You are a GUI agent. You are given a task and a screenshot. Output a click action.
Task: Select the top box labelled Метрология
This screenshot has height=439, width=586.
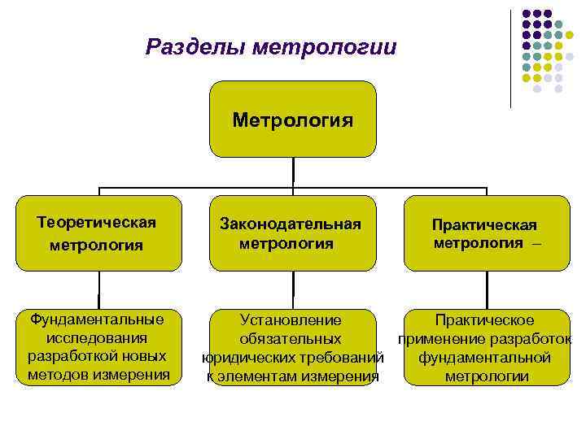click(x=293, y=120)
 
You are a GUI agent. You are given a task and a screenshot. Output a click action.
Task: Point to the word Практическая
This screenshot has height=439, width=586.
click(x=484, y=224)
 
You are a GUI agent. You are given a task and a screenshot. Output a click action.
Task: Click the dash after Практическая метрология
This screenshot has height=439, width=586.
click(x=535, y=243)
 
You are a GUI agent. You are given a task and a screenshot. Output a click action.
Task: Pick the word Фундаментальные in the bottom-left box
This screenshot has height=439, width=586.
click(x=97, y=319)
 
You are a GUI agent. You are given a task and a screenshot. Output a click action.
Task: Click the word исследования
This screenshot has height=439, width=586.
click(x=97, y=337)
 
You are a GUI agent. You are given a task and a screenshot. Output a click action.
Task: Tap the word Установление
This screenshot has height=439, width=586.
click(x=291, y=320)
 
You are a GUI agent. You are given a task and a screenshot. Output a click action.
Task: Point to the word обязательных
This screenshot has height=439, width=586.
click(x=291, y=339)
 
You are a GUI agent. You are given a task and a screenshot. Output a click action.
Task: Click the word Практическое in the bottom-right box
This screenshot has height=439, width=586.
click(x=484, y=320)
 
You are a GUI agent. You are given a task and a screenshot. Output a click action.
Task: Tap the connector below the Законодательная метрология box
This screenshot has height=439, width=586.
click(x=292, y=289)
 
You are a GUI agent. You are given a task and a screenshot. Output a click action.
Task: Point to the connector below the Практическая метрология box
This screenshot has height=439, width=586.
click(x=486, y=289)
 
